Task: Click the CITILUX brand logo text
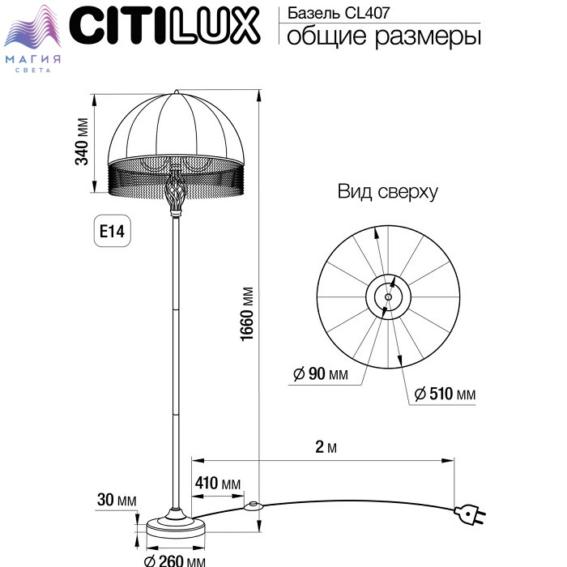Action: point(164,25)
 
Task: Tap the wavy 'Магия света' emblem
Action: point(33,39)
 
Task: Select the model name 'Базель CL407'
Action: point(339,13)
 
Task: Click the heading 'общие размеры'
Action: point(384,36)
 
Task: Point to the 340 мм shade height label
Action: point(82,142)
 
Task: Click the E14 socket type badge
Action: point(112,231)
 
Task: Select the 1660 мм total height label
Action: point(247,314)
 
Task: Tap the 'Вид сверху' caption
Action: point(387,192)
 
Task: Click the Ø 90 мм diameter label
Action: point(321,373)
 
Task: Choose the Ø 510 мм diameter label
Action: point(445,394)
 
